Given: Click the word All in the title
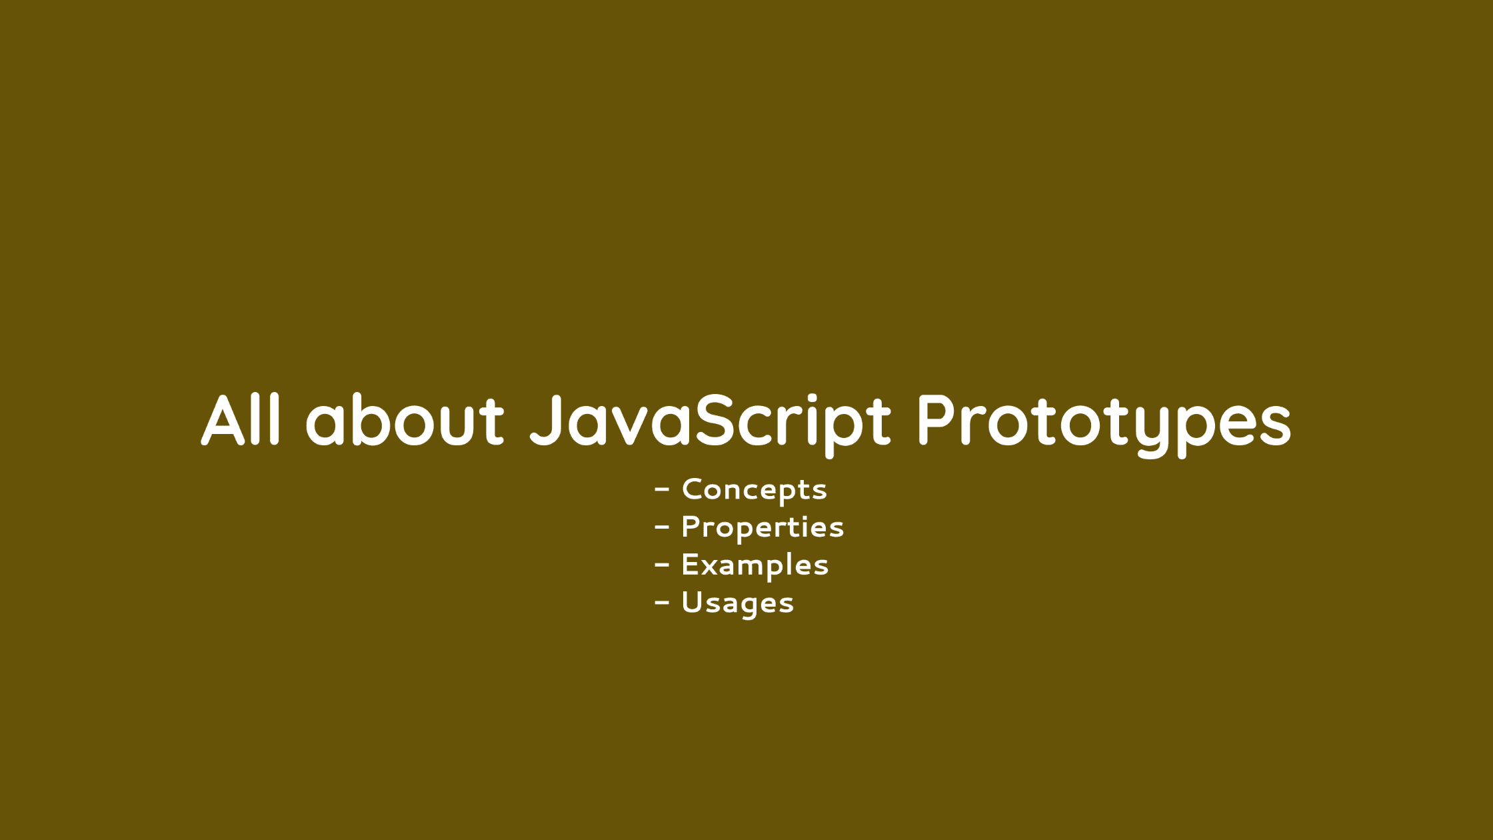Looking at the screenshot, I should click(x=241, y=420).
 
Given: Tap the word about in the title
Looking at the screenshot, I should click(x=405, y=420).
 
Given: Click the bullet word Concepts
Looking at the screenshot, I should click(x=754, y=490).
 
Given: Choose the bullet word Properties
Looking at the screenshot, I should click(x=762, y=528).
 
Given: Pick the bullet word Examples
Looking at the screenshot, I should click(x=754, y=565).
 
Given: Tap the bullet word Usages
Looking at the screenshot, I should click(x=737, y=603).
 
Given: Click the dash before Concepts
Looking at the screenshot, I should click(x=662, y=490).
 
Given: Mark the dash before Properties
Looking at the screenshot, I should click(x=662, y=527).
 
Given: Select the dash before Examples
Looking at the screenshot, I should click(x=662, y=565).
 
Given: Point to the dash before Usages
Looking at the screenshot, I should click(x=662, y=603).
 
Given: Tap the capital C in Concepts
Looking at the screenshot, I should click(x=694, y=489).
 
